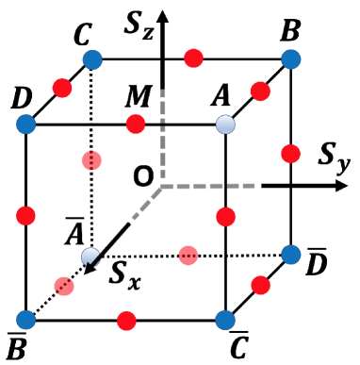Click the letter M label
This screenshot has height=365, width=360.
point(137,98)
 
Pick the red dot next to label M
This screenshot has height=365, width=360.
point(136,124)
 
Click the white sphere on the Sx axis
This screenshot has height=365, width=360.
point(90,255)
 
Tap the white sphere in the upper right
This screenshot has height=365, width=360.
point(223,124)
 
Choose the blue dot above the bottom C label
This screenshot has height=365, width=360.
point(223,316)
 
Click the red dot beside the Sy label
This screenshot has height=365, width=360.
point(289,152)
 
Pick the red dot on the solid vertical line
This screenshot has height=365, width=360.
point(223,218)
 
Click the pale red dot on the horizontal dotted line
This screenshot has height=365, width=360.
point(189,253)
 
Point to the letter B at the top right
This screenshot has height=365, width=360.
point(291,34)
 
